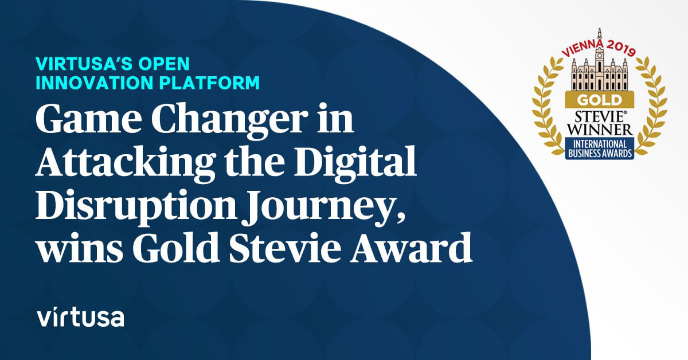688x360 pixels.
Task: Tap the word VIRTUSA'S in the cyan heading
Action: click(x=84, y=64)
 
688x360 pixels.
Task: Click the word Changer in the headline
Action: click(x=230, y=122)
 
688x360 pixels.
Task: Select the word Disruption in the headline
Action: click(x=136, y=207)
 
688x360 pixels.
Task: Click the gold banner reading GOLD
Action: click(x=600, y=100)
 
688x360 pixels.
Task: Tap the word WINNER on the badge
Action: click(x=600, y=130)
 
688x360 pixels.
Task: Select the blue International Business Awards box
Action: click(x=600, y=148)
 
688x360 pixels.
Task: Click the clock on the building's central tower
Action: click(x=599, y=56)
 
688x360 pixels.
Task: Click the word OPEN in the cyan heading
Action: click(x=164, y=64)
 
